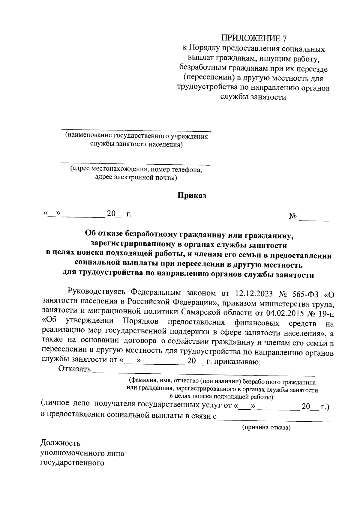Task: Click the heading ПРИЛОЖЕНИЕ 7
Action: (254, 38)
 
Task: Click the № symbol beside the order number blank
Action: (293, 216)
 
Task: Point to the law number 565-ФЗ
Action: (304, 292)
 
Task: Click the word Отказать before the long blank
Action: (75, 369)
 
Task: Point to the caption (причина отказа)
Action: (266, 428)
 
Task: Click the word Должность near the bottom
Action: (60, 443)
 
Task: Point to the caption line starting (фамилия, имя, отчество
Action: (222, 382)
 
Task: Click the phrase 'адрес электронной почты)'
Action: (136, 178)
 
